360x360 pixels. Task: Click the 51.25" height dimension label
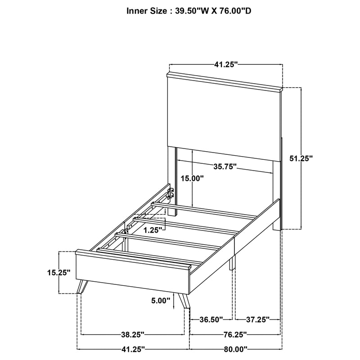pos(300,158)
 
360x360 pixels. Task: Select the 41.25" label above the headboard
pos(225,65)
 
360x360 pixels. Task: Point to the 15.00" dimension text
pos(192,178)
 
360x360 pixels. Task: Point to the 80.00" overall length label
pos(236,349)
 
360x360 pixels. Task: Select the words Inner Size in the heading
pos(147,10)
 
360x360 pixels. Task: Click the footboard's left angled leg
pos(81,287)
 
